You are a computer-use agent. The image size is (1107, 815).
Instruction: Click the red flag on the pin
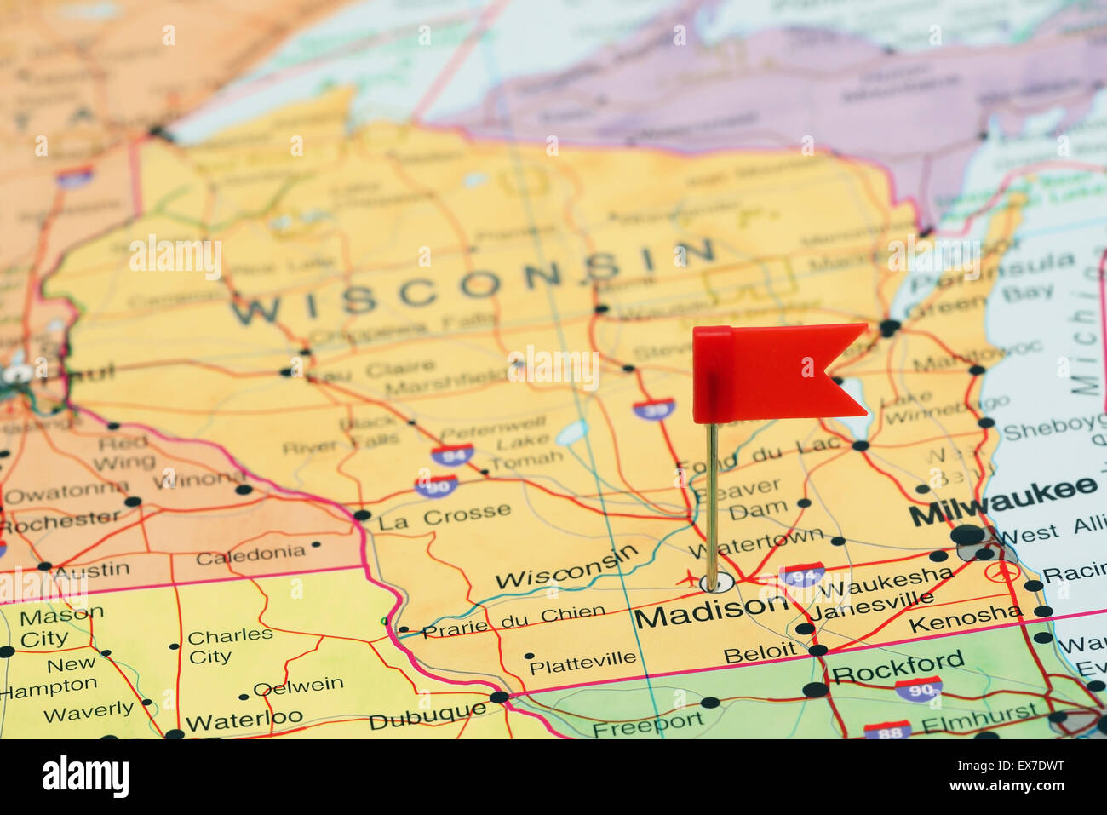(771, 372)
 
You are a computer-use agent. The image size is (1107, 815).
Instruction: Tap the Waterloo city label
(244, 720)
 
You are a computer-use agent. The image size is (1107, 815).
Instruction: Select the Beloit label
(760, 653)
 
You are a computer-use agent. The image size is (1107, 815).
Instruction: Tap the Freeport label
(647, 725)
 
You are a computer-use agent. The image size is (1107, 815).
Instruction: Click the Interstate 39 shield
(653, 409)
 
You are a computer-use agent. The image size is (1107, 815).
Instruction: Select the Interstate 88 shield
(886, 731)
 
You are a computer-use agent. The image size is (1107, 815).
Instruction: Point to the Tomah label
(526, 460)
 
